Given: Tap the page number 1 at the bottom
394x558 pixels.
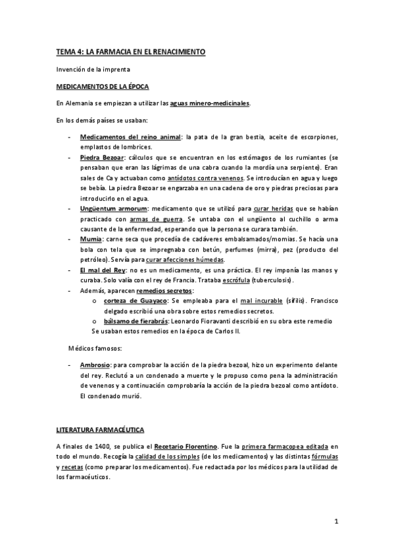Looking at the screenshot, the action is (x=335, y=522).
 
